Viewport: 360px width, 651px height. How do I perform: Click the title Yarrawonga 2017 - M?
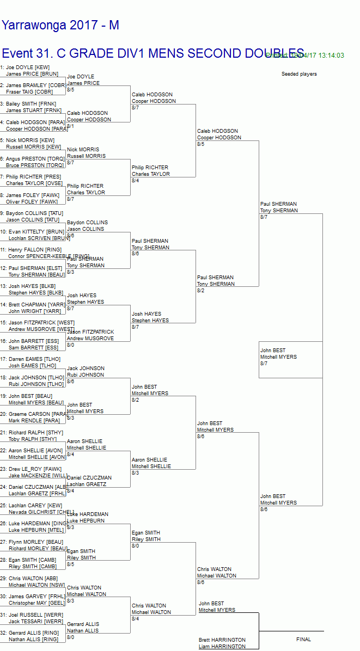[x=60, y=26]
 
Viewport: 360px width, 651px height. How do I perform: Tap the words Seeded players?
[x=299, y=74]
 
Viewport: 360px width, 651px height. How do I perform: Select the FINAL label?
[x=303, y=640]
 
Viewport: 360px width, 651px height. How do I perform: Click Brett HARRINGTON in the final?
[x=222, y=640]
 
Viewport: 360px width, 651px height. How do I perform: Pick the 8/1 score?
[x=71, y=126]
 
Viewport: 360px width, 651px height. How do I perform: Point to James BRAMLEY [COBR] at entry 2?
[x=35, y=85]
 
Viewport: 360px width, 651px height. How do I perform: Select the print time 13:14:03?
[x=329, y=56]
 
